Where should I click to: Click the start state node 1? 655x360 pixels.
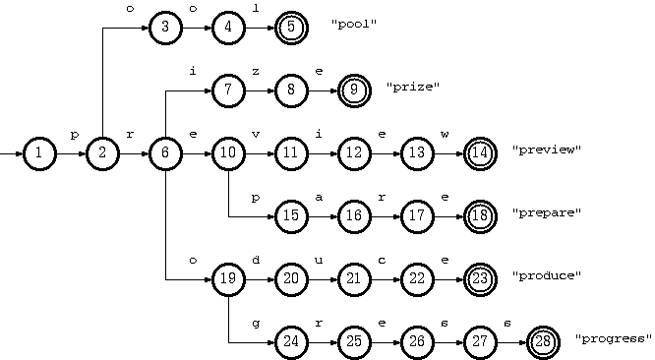pos(38,153)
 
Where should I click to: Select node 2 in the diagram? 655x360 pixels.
pos(101,153)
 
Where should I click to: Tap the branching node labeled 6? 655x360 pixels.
pos(164,153)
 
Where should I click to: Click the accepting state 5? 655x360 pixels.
pos(291,28)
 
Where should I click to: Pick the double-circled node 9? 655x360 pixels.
pos(354,90)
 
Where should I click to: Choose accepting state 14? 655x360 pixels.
pos(480,153)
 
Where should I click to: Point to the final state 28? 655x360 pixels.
pos(543,342)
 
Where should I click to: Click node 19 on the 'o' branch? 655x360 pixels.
pos(227,279)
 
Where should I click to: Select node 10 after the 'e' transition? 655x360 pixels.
pos(227,153)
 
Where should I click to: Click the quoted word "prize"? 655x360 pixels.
pos(413,88)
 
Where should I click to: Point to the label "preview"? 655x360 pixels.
pos(547,150)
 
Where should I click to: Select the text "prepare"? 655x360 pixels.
pos(547,213)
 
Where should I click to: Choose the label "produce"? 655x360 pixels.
pos(547,276)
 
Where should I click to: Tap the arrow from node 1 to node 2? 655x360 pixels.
pos(70,153)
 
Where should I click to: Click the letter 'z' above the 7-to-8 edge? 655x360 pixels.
pos(256,72)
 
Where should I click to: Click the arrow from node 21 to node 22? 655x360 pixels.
pos(385,279)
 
